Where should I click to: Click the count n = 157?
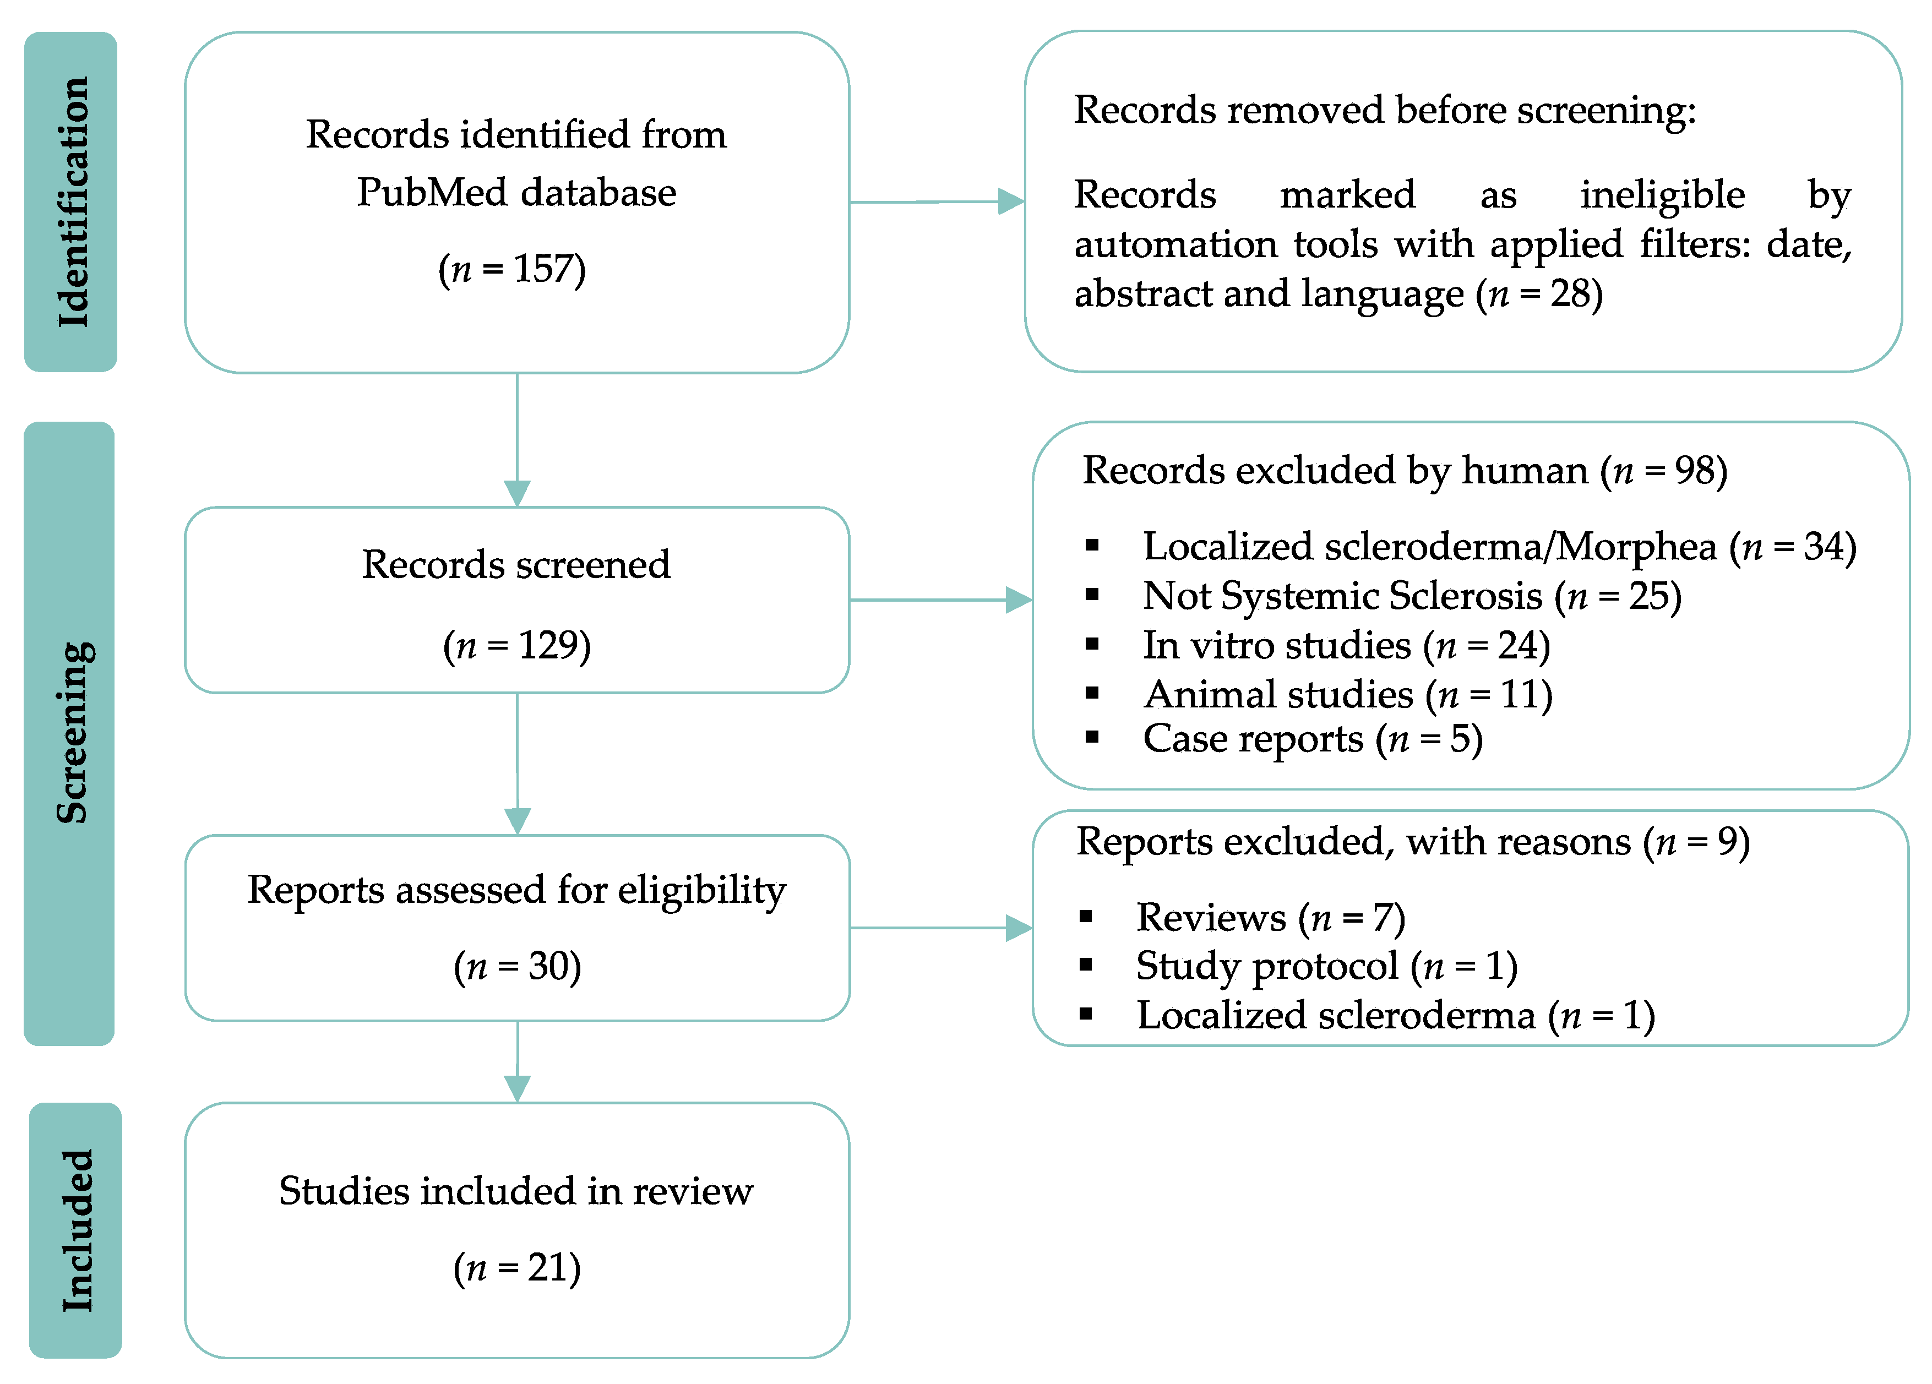point(512,269)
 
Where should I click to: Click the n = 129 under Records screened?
point(517,646)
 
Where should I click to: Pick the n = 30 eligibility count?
point(517,967)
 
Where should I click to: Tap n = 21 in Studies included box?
point(517,1268)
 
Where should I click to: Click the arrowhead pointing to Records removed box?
point(1010,202)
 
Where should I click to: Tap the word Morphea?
point(1636,547)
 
